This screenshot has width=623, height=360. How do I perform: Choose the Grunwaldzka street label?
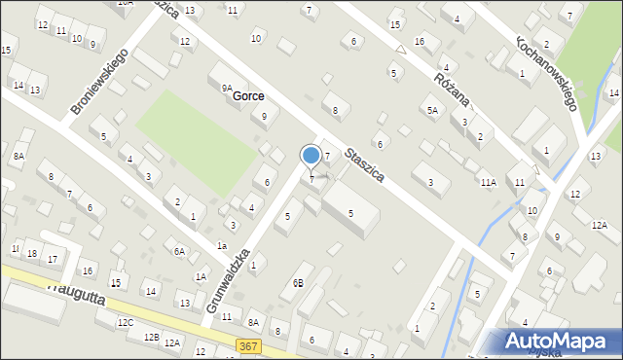click(x=229, y=280)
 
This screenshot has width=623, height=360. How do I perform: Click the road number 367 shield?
click(x=247, y=345)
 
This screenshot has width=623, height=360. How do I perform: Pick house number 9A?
click(x=226, y=88)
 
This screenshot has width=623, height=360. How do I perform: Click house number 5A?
click(x=432, y=111)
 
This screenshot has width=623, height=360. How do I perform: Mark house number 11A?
click(x=488, y=182)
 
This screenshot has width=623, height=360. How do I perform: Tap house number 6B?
click(x=298, y=283)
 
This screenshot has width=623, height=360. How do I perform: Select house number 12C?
click(x=125, y=322)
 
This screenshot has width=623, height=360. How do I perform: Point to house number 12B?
click(x=150, y=337)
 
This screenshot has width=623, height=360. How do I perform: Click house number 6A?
click(x=179, y=251)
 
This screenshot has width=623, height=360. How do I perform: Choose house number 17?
click(x=53, y=259)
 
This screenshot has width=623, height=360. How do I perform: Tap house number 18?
click(x=32, y=254)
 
